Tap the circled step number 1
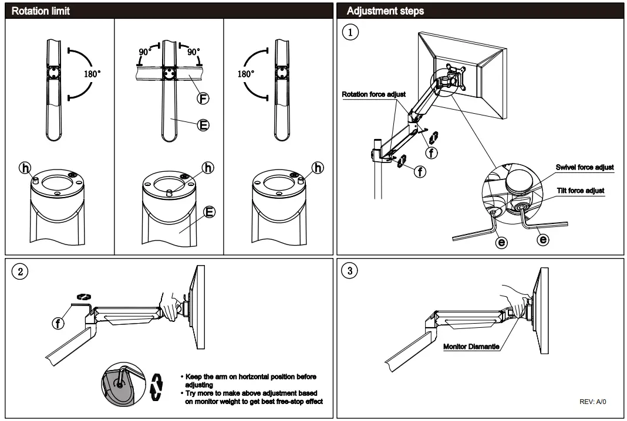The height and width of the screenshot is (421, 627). click(x=351, y=33)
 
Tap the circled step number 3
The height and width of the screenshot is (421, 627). click(x=351, y=273)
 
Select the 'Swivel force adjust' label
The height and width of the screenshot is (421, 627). click(x=585, y=167)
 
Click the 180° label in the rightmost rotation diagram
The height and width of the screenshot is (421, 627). click(x=245, y=75)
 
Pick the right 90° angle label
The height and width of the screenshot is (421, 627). click(x=193, y=52)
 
